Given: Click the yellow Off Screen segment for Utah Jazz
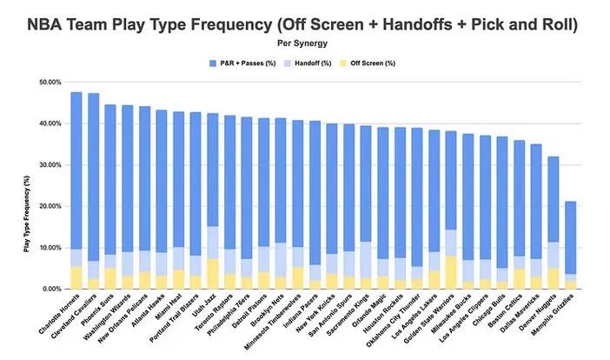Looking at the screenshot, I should coord(212,273).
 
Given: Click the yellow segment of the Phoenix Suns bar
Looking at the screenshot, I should coord(110,278).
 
